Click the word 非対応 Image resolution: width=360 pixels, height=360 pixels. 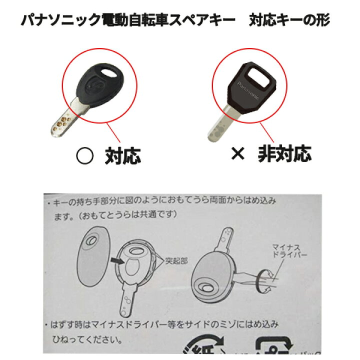pyautogui.click(x=284, y=155)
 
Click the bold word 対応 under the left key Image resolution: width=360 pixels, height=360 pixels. pyautogui.click(x=122, y=156)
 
